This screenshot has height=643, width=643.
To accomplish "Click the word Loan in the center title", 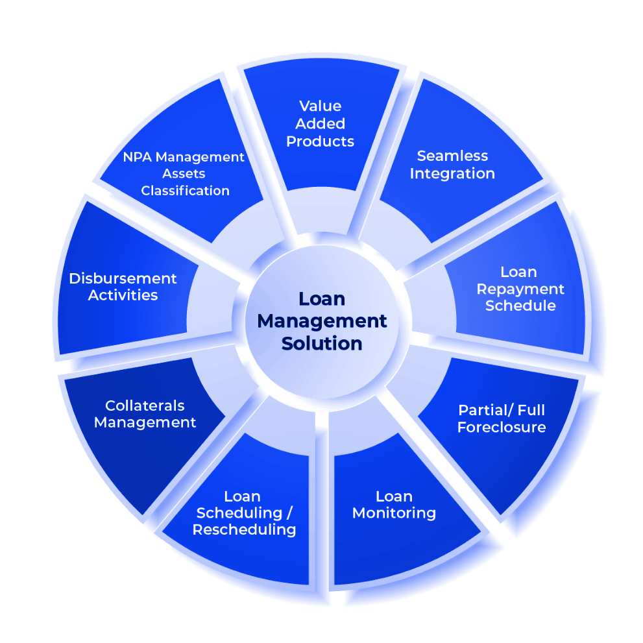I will [x=321, y=299].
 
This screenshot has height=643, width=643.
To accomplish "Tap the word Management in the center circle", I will [x=321, y=321].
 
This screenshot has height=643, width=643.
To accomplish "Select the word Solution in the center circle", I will [x=321, y=343].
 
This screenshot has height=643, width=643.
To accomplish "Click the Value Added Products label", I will [x=321, y=123].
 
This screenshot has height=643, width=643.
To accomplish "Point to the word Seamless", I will [x=452, y=156].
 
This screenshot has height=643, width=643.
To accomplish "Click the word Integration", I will [x=452, y=174].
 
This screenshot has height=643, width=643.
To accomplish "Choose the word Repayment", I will [x=519, y=289].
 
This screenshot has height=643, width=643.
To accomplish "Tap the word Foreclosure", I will [x=502, y=428].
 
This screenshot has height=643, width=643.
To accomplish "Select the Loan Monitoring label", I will [x=394, y=505].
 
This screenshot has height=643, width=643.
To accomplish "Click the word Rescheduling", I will [x=244, y=529].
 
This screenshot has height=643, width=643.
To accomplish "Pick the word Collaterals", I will [x=145, y=406].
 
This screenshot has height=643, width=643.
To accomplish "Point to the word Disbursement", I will [x=123, y=279].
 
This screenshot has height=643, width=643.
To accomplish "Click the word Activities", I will [x=123, y=296].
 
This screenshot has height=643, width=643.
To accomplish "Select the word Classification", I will [x=186, y=191].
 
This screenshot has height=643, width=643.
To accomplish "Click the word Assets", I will [x=184, y=174].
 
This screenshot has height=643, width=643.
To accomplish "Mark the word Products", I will [x=321, y=141].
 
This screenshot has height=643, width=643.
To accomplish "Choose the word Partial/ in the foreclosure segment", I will [x=480, y=410].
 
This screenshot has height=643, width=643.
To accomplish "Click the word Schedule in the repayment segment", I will [x=520, y=306].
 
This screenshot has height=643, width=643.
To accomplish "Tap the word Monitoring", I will [x=394, y=513].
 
